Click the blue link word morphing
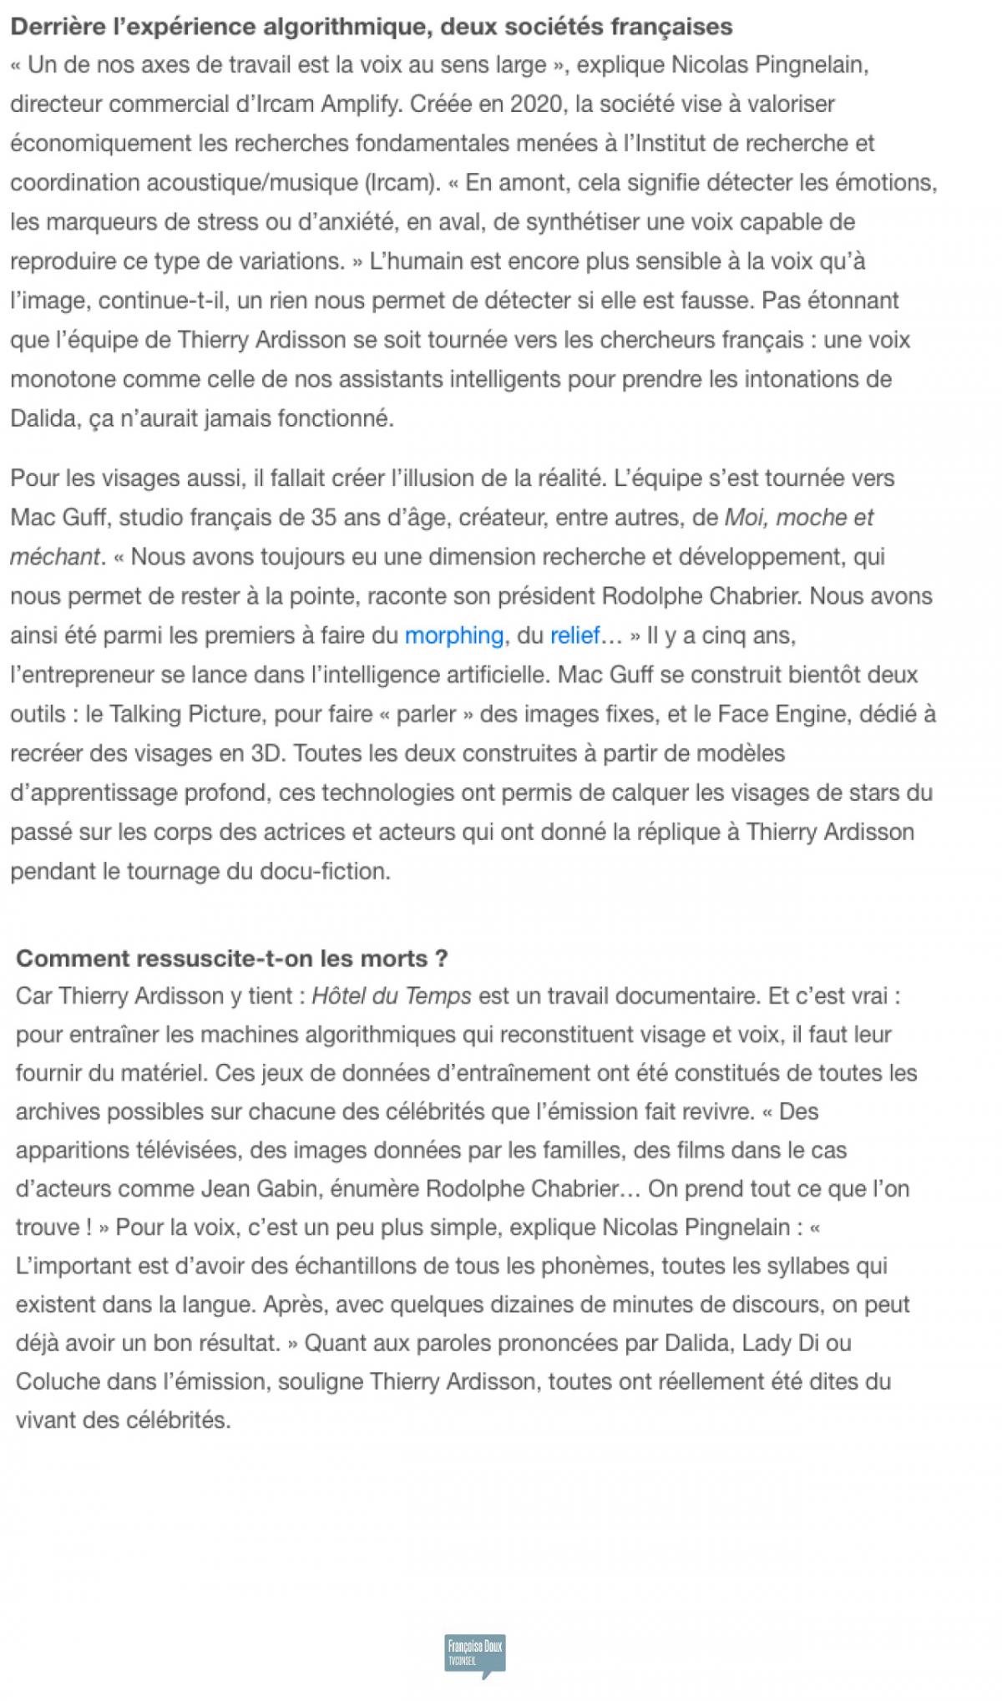pyautogui.click(x=453, y=635)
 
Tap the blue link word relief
pyautogui.click(x=574, y=635)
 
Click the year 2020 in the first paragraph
pyautogui.click(x=536, y=104)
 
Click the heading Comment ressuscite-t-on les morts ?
pyautogui.click(x=232, y=958)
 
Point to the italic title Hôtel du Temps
pyautogui.click(x=392, y=996)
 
